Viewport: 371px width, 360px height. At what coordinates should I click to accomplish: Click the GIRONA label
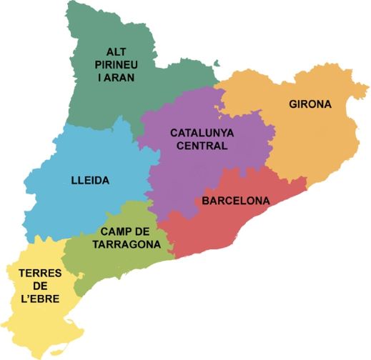pyautogui.click(x=310, y=104)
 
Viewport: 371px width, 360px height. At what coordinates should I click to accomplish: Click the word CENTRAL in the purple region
pyautogui.click(x=200, y=146)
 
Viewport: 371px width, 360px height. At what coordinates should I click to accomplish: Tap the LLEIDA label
pyautogui.click(x=90, y=181)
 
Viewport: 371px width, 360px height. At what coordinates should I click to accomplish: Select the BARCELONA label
pyautogui.click(x=236, y=201)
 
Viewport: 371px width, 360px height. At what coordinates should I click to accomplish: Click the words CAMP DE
pyautogui.click(x=125, y=231)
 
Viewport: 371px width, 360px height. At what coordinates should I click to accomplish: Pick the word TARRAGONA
pyautogui.click(x=126, y=244)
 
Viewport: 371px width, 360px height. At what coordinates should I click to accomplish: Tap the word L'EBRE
pyautogui.click(x=40, y=299)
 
